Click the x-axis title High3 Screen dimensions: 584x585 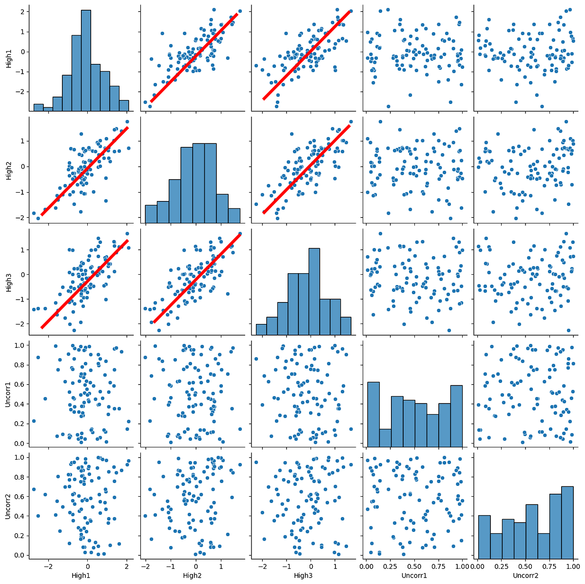click(303, 576)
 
